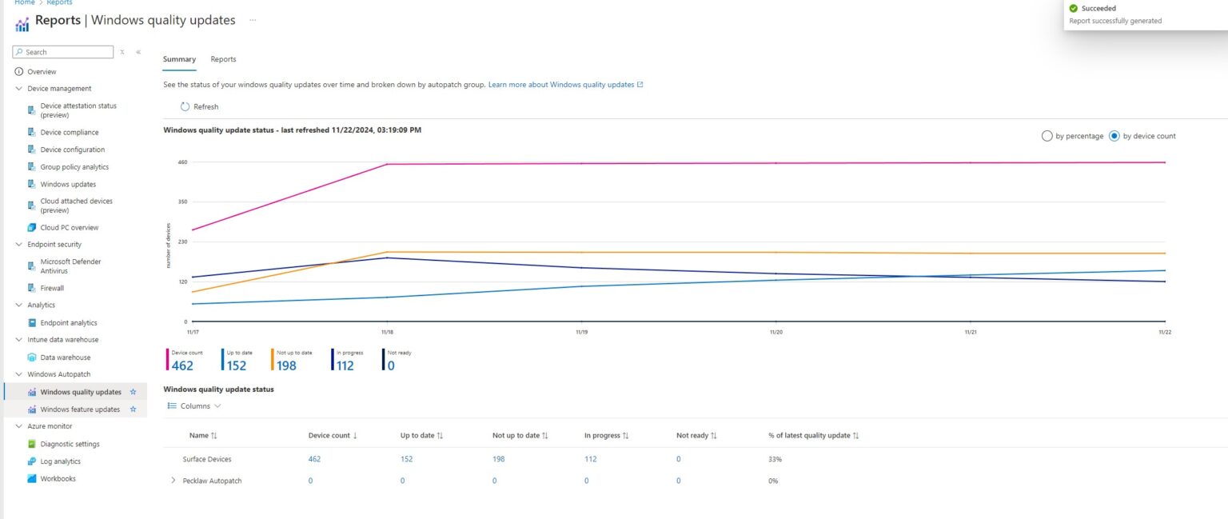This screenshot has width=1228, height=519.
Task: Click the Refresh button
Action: coord(199,106)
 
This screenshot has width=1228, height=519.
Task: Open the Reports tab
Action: coord(223,59)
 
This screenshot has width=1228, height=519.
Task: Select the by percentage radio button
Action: coord(1047,136)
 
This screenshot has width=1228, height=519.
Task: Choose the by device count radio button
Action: coord(1114,136)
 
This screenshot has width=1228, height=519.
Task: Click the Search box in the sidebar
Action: coord(64,52)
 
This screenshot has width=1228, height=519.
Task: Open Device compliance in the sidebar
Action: coord(70,133)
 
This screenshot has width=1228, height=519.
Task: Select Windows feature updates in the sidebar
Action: coord(80,409)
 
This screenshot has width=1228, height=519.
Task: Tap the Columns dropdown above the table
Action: coord(194,406)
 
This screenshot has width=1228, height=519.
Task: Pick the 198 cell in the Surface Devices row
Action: coord(498,459)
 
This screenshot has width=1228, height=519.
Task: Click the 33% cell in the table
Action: coord(775,459)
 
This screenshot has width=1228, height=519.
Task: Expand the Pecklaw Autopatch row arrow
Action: coord(173,481)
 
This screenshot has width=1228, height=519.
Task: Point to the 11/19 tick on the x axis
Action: coord(582,331)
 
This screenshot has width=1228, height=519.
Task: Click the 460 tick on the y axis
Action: coord(182,162)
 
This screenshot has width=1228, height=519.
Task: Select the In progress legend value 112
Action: coord(345,365)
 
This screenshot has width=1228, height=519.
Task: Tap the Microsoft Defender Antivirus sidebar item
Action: coord(70,266)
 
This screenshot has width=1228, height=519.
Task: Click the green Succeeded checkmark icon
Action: coord(1073,8)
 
